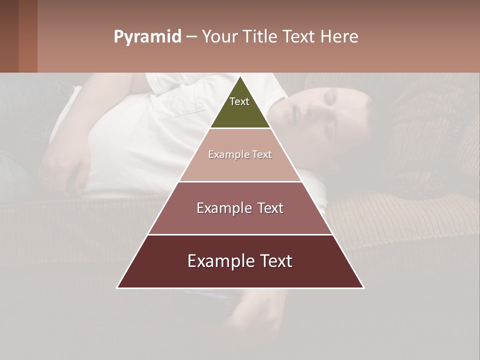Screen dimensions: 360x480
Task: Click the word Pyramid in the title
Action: pos(147,37)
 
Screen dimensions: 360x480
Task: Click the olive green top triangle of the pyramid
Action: pos(240,107)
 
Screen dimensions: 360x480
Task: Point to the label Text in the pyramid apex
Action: pos(239,101)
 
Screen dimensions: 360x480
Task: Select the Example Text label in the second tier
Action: pos(240,155)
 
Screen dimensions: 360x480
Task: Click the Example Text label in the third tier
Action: pos(240,208)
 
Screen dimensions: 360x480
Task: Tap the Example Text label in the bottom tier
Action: pos(240,261)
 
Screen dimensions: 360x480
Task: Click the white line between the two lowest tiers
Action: pos(240,234)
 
